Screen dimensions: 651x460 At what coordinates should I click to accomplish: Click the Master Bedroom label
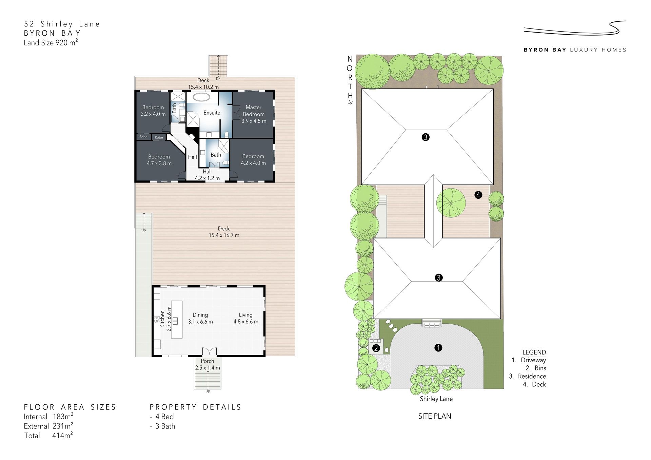point(254,111)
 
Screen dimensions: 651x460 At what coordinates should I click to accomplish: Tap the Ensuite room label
point(212,113)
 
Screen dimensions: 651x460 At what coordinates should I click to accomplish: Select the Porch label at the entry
point(208,361)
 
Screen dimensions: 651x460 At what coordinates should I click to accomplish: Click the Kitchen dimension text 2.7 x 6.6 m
point(169,319)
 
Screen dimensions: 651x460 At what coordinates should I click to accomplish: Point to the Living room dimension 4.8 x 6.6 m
point(246,322)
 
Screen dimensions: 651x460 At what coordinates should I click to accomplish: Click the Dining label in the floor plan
point(200,315)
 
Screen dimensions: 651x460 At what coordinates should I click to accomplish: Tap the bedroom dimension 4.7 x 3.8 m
point(159,163)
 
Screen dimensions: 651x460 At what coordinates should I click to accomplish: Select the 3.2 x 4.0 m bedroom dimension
point(153,114)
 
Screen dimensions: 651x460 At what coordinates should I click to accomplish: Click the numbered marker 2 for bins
point(376,348)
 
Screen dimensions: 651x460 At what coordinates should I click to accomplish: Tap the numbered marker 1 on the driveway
point(438,348)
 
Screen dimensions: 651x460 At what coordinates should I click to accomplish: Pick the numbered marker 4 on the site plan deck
point(478,195)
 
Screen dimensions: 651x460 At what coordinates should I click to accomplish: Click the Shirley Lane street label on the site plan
point(436,399)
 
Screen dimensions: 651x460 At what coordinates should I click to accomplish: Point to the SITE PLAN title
point(435,416)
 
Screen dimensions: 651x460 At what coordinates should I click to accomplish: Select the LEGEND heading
point(534,352)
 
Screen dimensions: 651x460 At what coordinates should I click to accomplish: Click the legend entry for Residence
point(528,376)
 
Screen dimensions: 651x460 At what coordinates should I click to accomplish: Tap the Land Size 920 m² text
point(51,42)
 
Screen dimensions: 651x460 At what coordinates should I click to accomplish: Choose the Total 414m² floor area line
point(49,436)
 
